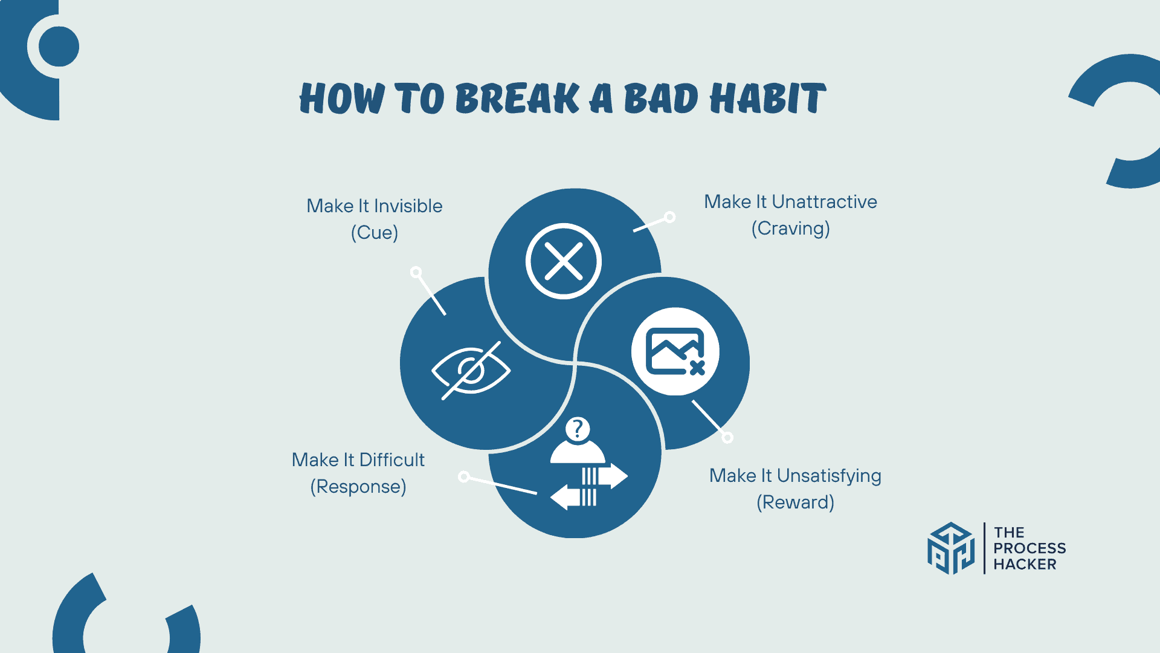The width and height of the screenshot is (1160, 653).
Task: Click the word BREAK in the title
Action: coord(517,99)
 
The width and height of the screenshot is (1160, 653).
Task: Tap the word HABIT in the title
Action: coord(767,99)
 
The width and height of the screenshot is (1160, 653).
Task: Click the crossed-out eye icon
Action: coord(471,369)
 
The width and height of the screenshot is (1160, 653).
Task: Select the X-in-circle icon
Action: coord(563,261)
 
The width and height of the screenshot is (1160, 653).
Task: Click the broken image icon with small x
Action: coord(675,352)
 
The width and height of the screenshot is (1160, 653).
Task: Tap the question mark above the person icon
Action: coord(578,429)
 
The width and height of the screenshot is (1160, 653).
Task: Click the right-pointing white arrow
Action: coord(606,476)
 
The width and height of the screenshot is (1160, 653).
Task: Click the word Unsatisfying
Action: coord(829,476)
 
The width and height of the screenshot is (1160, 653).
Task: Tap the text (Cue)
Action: coord(375,233)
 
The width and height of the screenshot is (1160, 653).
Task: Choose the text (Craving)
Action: coord(790,229)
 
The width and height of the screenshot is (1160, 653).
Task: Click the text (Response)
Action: coord(358,487)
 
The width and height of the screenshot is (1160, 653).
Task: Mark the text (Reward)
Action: coord(795,502)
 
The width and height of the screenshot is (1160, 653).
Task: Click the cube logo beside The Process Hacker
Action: coord(951,548)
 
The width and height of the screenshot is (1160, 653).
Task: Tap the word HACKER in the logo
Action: coord(1025,565)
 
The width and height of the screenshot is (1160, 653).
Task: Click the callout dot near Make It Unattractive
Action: coord(669,217)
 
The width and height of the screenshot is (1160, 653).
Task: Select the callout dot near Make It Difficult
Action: coord(464,476)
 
